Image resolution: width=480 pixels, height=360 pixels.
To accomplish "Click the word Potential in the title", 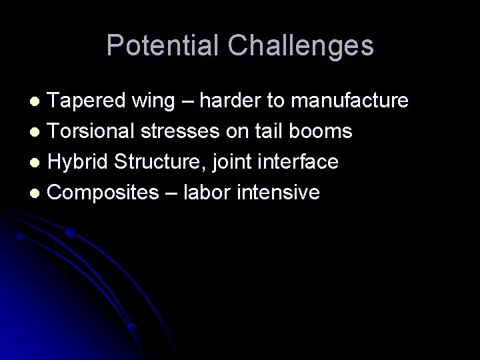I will click(163, 45).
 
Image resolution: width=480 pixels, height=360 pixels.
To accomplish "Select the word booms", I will click(326, 132).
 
